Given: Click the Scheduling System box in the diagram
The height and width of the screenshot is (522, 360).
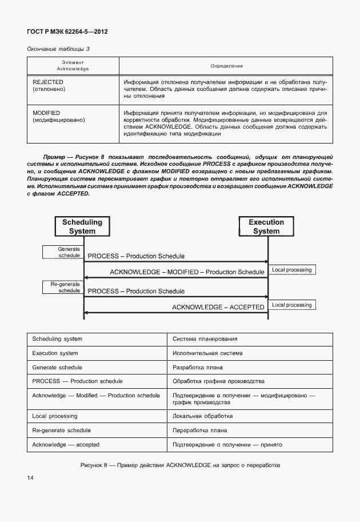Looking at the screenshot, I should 82,226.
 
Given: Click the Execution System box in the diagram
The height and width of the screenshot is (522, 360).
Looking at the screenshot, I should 266,226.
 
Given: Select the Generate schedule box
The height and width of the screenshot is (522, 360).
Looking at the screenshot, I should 62,252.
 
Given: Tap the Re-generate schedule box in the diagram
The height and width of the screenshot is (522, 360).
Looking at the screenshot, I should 62,287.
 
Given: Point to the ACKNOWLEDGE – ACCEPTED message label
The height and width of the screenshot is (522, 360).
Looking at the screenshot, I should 218,307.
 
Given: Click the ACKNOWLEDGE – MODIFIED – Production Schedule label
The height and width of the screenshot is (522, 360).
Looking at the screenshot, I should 187,272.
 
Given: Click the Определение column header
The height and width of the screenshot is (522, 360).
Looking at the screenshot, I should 227,66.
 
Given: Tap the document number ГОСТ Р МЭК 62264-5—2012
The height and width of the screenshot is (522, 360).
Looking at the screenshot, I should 67,31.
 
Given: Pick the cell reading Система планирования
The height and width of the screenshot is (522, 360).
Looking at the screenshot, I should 205,339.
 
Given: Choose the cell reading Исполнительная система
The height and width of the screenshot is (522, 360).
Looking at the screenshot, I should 207,353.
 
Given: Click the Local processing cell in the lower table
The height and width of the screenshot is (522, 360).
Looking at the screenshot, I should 55,416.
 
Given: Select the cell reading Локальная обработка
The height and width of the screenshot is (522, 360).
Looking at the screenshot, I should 202,416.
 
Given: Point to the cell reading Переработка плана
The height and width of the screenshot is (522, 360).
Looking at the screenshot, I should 200,431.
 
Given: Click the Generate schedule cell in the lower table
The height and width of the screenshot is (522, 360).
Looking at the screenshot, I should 57,368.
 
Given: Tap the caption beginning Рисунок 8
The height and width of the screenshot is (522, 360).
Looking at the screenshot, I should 180,465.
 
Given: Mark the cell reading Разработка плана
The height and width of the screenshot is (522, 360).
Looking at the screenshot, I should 198,368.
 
